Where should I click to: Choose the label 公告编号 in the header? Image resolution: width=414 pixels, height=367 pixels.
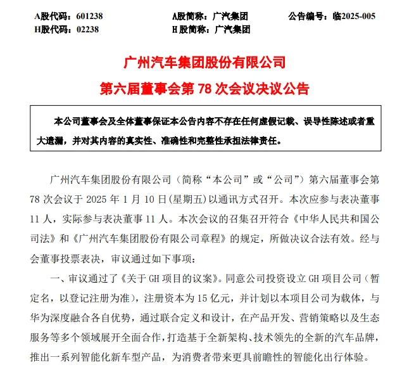[306, 15]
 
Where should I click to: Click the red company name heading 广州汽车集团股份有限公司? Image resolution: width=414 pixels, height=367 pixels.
[206, 63]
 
